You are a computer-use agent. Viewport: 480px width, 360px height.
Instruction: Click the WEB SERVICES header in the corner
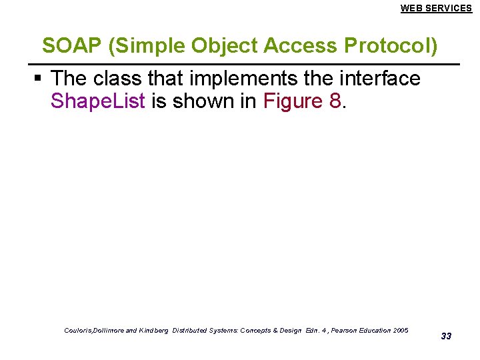tap(436, 8)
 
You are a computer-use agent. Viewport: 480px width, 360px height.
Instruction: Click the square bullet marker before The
tap(39, 79)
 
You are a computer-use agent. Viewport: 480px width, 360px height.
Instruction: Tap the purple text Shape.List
tap(97, 102)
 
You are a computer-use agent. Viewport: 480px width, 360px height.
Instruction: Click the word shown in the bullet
tap(205, 102)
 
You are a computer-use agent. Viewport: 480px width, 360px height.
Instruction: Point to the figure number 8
tap(336, 102)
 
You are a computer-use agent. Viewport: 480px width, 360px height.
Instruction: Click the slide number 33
tap(446, 336)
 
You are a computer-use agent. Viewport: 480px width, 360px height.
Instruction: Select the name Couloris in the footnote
tap(80, 331)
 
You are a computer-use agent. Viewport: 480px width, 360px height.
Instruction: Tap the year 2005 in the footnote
tap(401, 331)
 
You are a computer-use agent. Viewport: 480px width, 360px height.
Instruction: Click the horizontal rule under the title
tap(247, 64)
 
